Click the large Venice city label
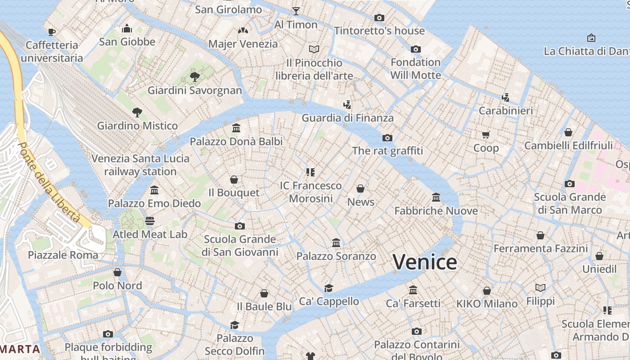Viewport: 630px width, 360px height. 425,262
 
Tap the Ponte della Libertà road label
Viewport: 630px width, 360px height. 49,182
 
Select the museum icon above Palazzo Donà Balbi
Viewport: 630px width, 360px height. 236,128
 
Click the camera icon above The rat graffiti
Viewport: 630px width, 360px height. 387,138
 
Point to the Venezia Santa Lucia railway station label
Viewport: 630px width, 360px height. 140,165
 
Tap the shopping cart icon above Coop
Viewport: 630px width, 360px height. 486,135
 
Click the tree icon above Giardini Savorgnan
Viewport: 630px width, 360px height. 195,77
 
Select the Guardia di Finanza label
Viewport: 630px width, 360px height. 347,118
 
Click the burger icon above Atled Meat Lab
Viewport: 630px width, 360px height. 150,221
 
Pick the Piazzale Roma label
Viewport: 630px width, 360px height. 63,255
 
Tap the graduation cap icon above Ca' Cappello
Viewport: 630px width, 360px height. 329,288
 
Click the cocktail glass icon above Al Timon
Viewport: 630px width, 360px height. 296,11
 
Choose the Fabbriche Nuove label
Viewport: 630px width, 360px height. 436,211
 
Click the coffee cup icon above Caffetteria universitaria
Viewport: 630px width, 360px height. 52,32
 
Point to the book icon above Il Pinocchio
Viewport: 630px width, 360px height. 314,49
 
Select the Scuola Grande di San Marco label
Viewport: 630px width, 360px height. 570,203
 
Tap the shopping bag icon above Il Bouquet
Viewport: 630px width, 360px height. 234,180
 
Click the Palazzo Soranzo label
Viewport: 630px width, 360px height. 336,256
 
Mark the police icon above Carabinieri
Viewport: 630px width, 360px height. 506,97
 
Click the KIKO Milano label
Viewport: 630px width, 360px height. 487,304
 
